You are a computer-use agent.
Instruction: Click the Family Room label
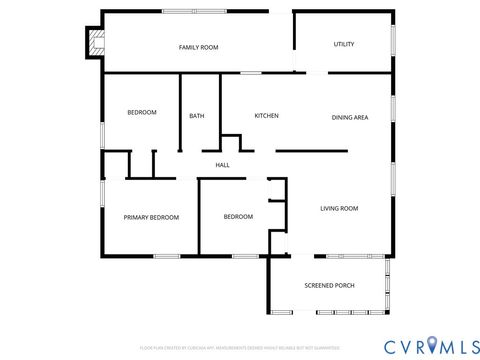point(198,48)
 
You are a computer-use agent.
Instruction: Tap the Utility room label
point(344,45)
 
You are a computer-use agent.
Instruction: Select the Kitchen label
point(266,116)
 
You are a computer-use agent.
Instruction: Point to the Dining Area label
point(350,118)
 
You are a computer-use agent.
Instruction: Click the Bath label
point(197,116)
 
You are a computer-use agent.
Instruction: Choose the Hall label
point(222,165)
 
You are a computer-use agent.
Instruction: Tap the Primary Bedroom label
point(151,218)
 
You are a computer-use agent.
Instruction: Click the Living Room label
point(339,209)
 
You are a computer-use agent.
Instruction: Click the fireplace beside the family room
point(95,43)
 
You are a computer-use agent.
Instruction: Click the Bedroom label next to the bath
point(142,112)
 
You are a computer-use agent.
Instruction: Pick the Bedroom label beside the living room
point(238,217)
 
